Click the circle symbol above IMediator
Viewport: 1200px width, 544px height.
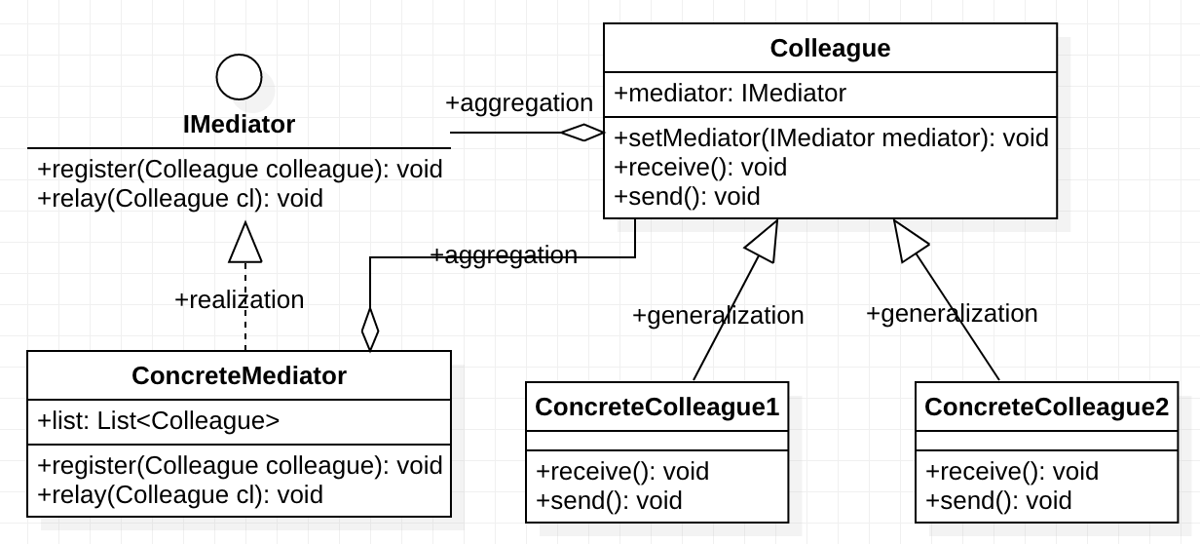[239, 77]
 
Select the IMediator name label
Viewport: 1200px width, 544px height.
[239, 125]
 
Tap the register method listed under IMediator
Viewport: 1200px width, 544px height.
[240, 169]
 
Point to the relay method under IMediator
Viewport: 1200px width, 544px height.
[180, 198]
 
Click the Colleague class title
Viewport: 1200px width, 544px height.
[830, 48]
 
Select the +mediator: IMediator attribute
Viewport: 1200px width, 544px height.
[730, 94]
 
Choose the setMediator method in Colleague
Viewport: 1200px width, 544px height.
[831, 137]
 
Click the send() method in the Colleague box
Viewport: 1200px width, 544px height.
[687, 196]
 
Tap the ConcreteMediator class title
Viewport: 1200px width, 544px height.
[239, 375]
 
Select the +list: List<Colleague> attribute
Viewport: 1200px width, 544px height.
[159, 421]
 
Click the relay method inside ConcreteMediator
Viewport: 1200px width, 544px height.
[180, 494]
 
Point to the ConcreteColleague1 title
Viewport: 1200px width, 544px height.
[657, 407]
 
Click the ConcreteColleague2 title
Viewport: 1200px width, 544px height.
[1046, 407]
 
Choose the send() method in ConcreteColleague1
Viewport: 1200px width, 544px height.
[609, 501]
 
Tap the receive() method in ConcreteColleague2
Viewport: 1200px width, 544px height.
[1012, 472]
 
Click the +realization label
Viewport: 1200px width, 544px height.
[239, 300]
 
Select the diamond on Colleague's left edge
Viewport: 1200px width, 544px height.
[582, 134]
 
